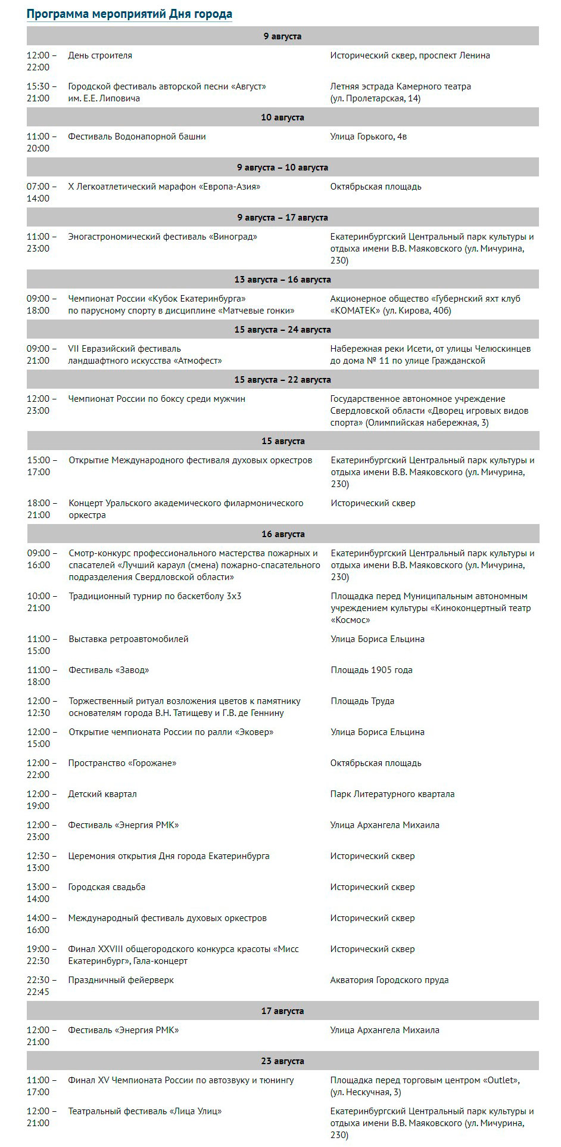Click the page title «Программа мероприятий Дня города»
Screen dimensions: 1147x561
129,14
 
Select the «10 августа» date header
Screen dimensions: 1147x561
282,117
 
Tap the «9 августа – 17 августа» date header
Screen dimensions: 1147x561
282,218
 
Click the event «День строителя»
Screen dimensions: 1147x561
100,55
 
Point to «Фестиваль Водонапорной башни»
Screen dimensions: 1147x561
137,137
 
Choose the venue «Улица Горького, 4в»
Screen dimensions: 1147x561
369,137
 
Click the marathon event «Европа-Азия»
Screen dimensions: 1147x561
164,187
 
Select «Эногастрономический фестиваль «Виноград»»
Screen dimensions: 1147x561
163,237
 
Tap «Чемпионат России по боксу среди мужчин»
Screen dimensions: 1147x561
157,399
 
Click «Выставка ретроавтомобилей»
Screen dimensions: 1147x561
129,639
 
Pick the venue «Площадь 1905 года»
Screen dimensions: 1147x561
372,670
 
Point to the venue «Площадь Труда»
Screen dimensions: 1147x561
363,701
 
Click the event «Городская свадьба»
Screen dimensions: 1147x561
107,887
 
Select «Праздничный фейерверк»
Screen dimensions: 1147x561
121,980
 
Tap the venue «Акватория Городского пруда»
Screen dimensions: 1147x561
389,980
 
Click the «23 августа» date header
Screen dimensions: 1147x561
282,1061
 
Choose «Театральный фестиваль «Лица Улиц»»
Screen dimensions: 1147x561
145,1111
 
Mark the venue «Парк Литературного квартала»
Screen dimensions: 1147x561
392,794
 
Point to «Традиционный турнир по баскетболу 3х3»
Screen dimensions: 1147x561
155,596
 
